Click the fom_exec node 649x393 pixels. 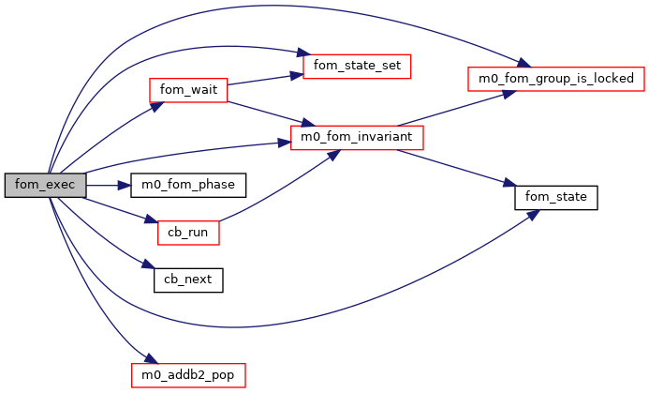click(45, 185)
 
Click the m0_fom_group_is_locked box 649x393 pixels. click(556, 79)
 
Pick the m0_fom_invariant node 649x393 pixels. click(358, 138)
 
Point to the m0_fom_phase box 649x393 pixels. click(188, 185)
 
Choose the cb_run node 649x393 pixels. click(188, 232)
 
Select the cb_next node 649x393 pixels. click(188, 279)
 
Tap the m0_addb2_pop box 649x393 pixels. click(188, 376)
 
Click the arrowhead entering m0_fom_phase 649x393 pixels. click(124, 185)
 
